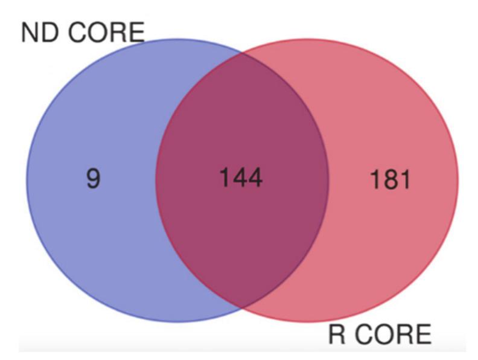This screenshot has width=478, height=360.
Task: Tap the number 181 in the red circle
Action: (389, 179)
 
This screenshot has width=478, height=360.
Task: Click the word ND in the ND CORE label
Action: (37, 33)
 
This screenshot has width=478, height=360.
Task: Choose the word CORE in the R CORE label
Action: (392, 334)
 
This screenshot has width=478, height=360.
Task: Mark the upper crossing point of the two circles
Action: (243, 52)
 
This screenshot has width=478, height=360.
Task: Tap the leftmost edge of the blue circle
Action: (27, 180)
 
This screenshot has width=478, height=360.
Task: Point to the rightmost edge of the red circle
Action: (458, 180)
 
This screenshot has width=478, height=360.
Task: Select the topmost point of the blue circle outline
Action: (177, 39)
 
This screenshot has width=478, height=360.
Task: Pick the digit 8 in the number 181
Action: (389, 179)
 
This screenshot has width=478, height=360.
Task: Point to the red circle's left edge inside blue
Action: (156, 180)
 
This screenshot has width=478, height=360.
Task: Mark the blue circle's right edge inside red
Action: (329, 180)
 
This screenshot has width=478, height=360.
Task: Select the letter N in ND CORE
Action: (29, 33)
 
